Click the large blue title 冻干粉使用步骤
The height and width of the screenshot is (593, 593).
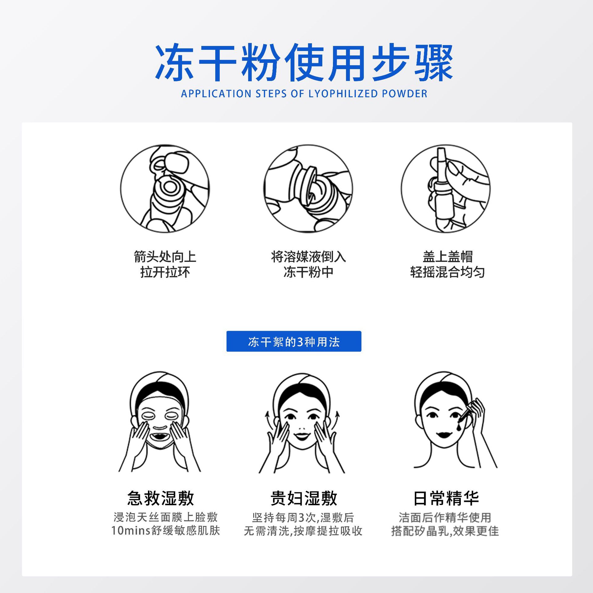(x=304, y=63)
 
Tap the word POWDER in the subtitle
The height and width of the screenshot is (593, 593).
(x=405, y=94)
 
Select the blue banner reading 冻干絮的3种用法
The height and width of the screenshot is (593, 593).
(x=294, y=341)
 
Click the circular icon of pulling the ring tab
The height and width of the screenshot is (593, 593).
(x=165, y=189)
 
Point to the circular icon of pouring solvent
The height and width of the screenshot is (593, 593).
(x=308, y=189)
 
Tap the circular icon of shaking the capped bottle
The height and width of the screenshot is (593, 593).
(x=446, y=189)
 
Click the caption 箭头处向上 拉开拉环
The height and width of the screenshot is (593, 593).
(x=165, y=264)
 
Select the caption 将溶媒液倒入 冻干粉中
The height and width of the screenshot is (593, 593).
(x=308, y=264)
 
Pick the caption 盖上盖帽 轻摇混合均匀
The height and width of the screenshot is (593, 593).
(x=448, y=264)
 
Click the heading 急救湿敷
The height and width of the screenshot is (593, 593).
(x=161, y=498)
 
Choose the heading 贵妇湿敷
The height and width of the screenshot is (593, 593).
(x=304, y=498)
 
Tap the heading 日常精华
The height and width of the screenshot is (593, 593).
(x=446, y=498)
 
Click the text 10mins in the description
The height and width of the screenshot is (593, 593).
(x=131, y=531)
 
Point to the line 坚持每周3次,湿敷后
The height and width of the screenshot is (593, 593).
(x=303, y=517)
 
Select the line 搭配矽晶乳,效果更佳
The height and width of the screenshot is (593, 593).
(x=445, y=531)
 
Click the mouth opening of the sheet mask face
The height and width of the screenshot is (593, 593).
(x=160, y=437)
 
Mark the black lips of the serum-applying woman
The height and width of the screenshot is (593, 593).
(x=444, y=435)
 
